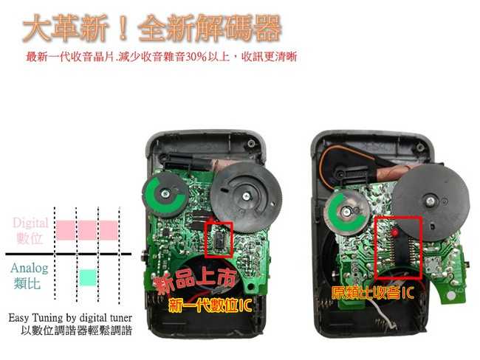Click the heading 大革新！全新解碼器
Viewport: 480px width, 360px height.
pos(152,28)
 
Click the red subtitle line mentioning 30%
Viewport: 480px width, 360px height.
pos(161,57)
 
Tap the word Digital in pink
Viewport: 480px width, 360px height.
pos(30,224)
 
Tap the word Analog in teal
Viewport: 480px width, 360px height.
pos(30,269)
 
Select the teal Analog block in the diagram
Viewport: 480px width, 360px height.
pos(88,277)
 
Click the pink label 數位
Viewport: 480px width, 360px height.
pos(30,238)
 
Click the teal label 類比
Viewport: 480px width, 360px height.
pos(27,283)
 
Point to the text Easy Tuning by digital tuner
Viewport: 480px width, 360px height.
pos(70,318)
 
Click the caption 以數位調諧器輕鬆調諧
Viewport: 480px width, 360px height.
pos(77,330)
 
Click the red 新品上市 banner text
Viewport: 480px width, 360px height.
pos(195,281)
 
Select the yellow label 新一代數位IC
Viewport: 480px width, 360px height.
pos(210,305)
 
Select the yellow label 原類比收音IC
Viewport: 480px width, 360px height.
pos(373,293)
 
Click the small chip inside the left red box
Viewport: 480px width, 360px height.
pos(219,239)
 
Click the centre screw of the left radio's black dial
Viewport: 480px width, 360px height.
pos(246,196)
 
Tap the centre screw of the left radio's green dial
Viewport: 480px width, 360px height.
pos(165,193)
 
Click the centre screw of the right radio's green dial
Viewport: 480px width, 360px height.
pos(346,211)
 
